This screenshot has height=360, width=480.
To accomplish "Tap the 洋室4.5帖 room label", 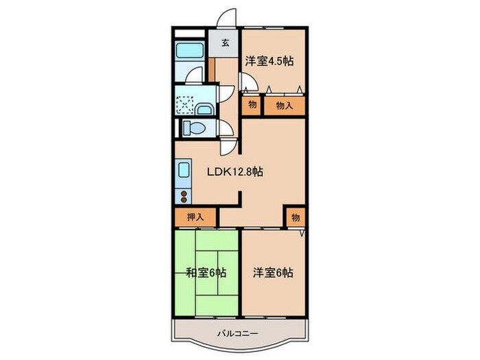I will tap(269, 61).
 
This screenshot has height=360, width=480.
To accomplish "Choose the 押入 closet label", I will tap(196, 217).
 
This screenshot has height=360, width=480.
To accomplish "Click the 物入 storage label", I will tap(284, 105).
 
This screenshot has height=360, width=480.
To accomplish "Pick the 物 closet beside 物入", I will tap(252, 105).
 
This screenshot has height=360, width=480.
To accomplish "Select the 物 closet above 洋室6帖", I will tap(295, 217).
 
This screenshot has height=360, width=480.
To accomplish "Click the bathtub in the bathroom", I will tap(187, 51).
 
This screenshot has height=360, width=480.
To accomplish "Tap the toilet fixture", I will tap(194, 128).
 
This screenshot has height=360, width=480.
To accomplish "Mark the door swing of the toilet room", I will tap(226, 130).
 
